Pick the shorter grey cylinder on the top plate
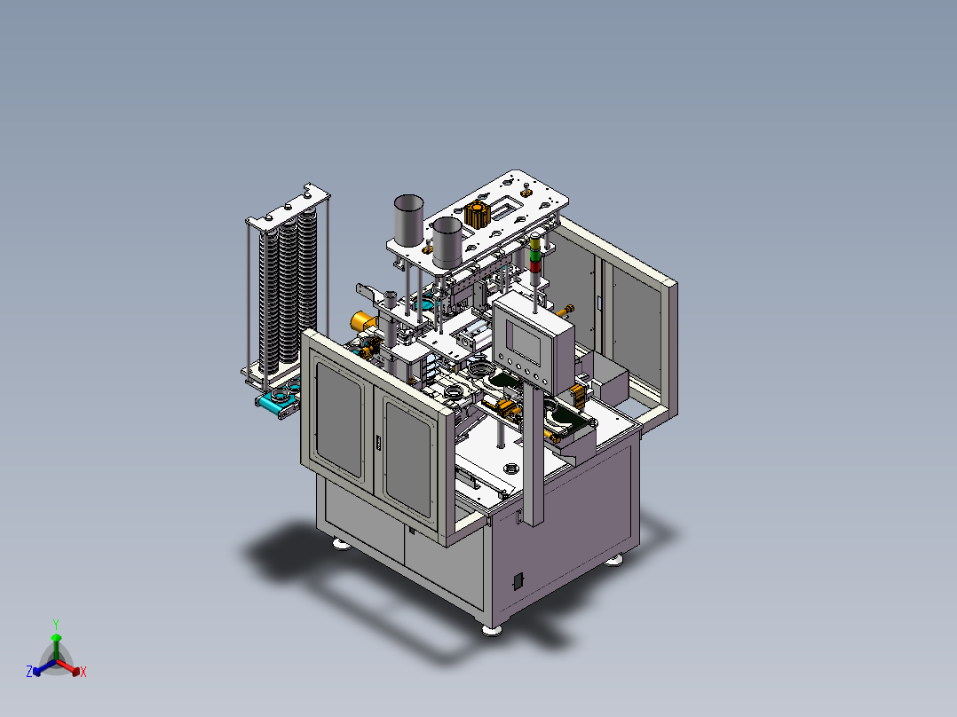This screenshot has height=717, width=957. pyautogui.click(x=447, y=240)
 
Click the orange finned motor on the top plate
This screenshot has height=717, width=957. pyautogui.click(x=477, y=215)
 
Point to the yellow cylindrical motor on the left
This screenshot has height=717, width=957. pyautogui.click(x=361, y=320)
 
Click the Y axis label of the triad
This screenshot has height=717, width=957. pyautogui.click(x=55, y=624)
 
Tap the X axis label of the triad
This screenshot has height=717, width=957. pyautogui.click(x=83, y=673)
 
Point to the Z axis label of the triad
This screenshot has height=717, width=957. pyautogui.click(x=29, y=673)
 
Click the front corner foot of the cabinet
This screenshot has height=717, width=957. pyautogui.click(x=491, y=629)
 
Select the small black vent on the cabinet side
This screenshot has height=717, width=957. pyautogui.click(x=518, y=581)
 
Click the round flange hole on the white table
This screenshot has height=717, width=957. pyautogui.click(x=511, y=468)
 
